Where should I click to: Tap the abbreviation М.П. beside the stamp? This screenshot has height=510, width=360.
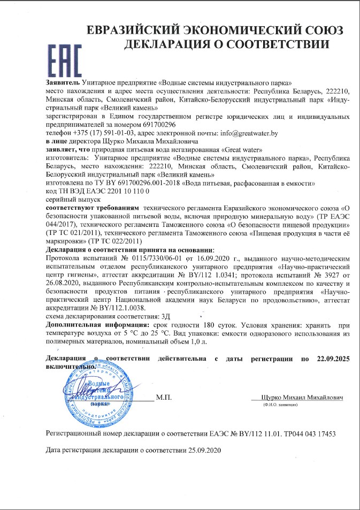click(163, 398)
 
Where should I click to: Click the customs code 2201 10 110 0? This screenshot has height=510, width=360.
click(127, 190)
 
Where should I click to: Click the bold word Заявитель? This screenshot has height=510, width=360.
click(64, 83)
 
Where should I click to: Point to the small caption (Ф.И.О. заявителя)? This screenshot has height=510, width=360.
click(280, 406)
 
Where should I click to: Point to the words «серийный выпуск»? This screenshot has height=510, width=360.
click(68, 199)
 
